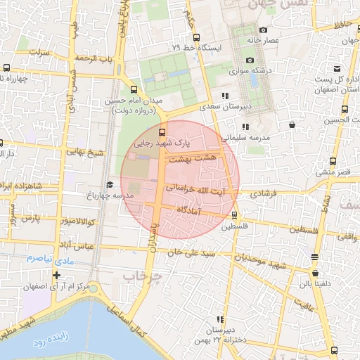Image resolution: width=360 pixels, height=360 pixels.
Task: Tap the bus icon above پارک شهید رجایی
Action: point(162,131)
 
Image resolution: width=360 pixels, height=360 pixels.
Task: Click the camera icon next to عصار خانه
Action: point(263,30)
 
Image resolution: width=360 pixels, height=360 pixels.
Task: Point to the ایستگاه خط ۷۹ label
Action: point(197,47)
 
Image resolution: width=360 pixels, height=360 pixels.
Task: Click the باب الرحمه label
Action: point(96,58)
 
